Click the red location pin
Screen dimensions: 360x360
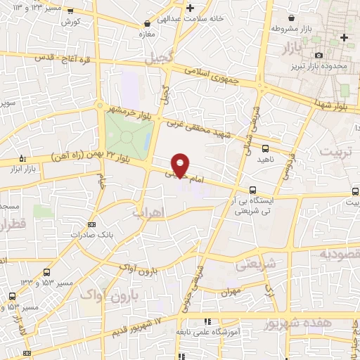181,165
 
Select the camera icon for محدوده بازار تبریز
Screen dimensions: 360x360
319,55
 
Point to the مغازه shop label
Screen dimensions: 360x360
147,33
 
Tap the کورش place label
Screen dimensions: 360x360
68,22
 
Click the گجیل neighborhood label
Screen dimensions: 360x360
157,60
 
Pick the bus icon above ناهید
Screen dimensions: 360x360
265,148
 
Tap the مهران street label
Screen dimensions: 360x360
229,290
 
